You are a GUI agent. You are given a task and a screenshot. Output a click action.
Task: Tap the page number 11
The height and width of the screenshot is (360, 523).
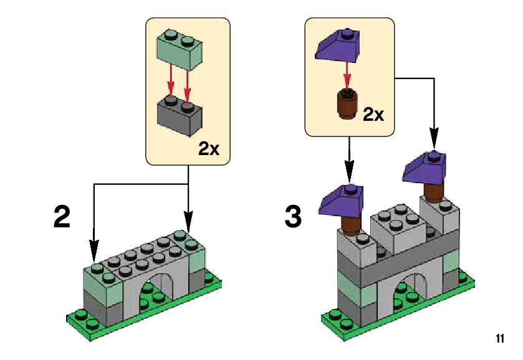coord(499,339)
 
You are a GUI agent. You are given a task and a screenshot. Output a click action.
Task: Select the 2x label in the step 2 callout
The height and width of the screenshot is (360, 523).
coord(209,149)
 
